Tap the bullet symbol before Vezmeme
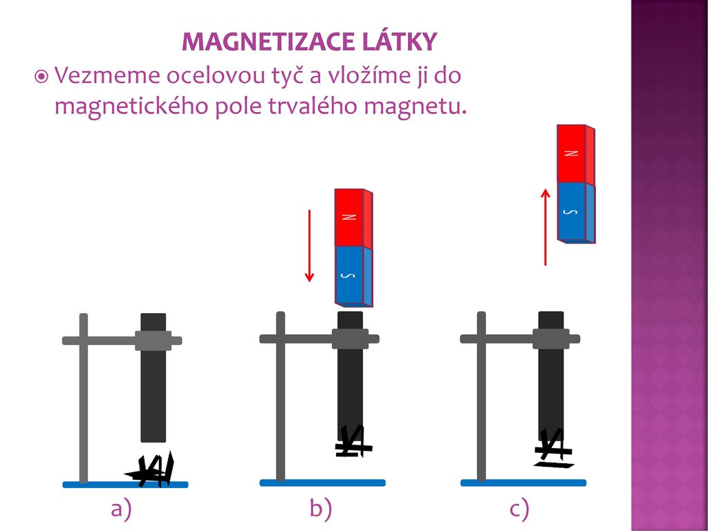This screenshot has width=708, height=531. click(x=41, y=76)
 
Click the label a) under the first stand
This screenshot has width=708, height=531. click(x=121, y=510)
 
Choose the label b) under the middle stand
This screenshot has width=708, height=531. click(x=321, y=510)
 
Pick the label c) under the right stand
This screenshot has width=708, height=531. click(x=519, y=510)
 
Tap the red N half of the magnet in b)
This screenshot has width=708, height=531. click(x=351, y=217)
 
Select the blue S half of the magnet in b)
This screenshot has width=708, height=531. click(x=351, y=276)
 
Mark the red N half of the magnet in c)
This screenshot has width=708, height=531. click(x=572, y=153)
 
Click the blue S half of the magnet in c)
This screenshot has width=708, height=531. click(x=572, y=212)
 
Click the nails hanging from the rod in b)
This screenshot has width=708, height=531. click(x=353, y=442)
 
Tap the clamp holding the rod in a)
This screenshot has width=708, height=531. click(x=153, y=340)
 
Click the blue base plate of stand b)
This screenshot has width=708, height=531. click(x=317, y=483)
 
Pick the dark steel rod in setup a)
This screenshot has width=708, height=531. click(x=153, y=394)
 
